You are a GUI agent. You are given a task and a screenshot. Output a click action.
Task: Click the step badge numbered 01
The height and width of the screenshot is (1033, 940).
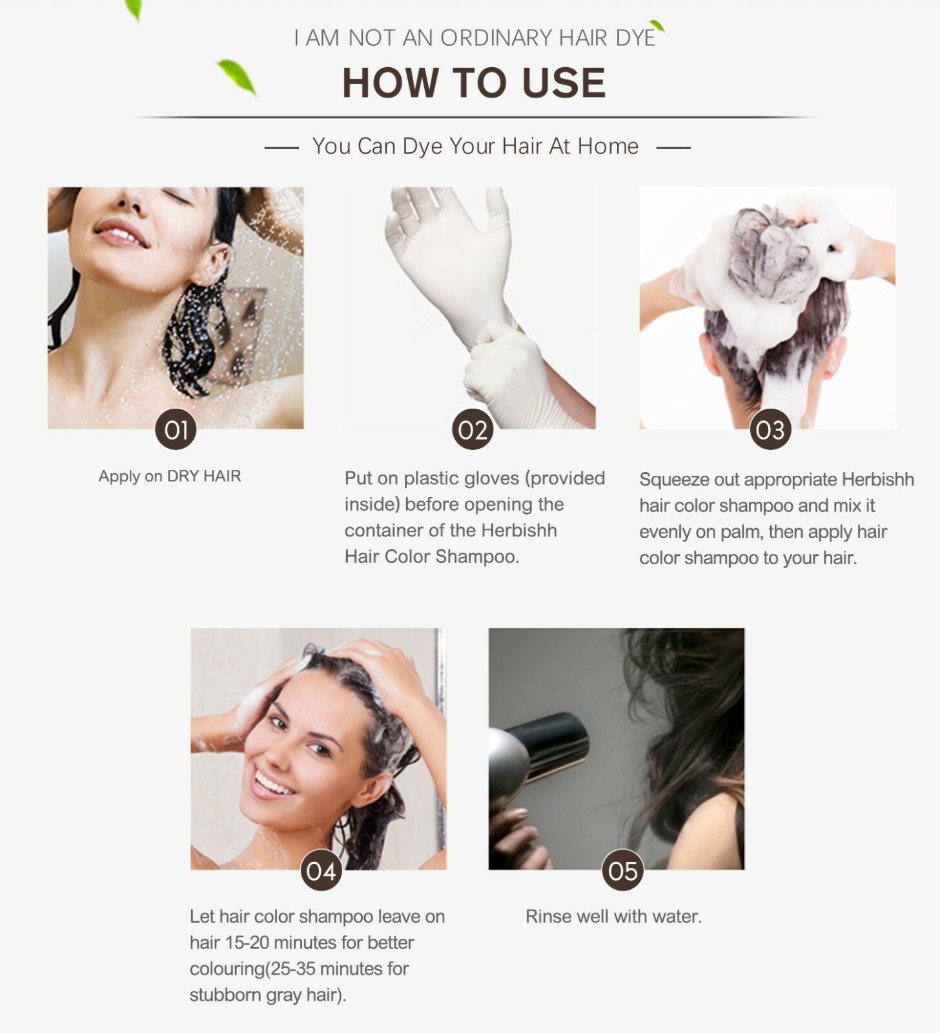176,429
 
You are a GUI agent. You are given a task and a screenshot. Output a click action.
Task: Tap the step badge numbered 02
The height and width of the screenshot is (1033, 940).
473,429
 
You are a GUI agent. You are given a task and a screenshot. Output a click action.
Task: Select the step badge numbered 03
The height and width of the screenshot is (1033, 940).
770,429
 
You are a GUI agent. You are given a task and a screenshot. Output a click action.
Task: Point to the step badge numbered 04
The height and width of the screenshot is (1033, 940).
321,870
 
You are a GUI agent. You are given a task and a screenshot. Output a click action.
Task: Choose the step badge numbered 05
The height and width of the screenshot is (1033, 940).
622,870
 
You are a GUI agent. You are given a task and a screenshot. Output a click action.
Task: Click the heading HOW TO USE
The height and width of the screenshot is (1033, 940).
474,83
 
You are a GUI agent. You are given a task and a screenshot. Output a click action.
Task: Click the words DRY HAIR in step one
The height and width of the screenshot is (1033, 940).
204,476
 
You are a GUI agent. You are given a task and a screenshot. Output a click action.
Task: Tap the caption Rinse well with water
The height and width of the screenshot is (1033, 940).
613,916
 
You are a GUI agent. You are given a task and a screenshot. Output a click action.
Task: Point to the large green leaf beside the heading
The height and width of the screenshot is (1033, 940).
237,77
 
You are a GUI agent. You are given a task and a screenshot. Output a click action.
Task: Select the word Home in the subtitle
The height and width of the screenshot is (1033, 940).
608,147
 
